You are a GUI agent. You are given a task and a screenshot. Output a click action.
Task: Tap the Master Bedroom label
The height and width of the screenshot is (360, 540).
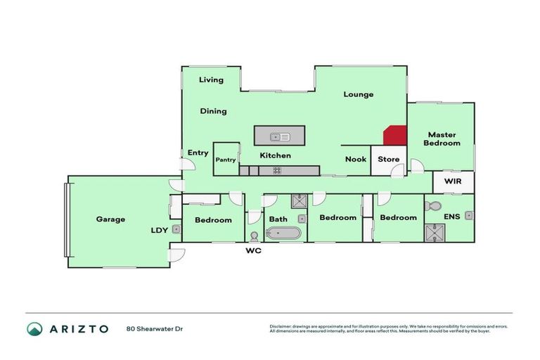pos(442,139)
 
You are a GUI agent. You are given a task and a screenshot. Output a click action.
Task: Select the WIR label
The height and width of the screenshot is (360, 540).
pos(451,182)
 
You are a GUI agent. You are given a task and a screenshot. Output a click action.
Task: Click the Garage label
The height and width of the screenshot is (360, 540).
pos(110,219)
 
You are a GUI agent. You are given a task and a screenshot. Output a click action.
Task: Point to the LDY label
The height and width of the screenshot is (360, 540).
pos(159,230)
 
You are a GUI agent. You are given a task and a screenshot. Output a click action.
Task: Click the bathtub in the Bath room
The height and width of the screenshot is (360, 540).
pos(283,233)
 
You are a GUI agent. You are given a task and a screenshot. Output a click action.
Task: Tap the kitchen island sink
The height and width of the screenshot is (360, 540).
pos(280,136)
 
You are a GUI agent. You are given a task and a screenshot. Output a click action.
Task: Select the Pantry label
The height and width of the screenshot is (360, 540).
pos(226,160)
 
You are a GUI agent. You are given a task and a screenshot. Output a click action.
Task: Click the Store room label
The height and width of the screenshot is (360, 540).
pos(389,159)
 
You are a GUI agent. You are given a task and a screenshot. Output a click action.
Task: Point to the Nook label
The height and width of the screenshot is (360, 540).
pos(356,159)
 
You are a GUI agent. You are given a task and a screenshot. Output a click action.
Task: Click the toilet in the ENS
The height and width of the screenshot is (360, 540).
pos(434,207)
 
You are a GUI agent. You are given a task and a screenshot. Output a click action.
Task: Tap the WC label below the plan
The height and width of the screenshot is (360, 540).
pos(253,250)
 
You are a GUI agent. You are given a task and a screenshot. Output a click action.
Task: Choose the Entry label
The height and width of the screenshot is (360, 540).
pos(198,153)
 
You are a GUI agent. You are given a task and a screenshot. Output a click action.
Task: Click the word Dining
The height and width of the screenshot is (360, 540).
pos(213,111)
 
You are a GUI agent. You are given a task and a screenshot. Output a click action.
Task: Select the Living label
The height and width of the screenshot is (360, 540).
pos(211,80)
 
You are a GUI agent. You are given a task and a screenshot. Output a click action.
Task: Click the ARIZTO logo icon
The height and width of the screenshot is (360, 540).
pos(34,328)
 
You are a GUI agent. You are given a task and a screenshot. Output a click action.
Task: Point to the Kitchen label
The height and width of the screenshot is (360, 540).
pos(275,155)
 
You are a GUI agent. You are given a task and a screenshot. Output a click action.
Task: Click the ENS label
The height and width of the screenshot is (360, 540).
pos(452,217)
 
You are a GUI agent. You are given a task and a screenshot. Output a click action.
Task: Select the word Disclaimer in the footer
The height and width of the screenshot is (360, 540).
pos(281,326)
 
